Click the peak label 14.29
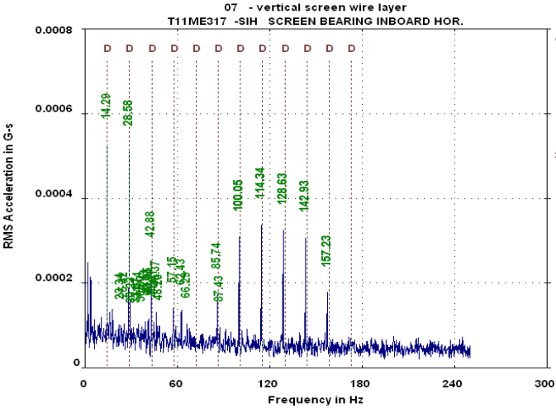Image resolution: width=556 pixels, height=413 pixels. [106, 106]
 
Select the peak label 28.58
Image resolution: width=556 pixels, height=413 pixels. [128, 112]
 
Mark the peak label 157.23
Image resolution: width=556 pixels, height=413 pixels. [326, 250]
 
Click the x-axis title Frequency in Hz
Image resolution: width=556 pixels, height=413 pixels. [315, 399]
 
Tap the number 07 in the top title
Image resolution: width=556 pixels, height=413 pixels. [220, 7]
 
